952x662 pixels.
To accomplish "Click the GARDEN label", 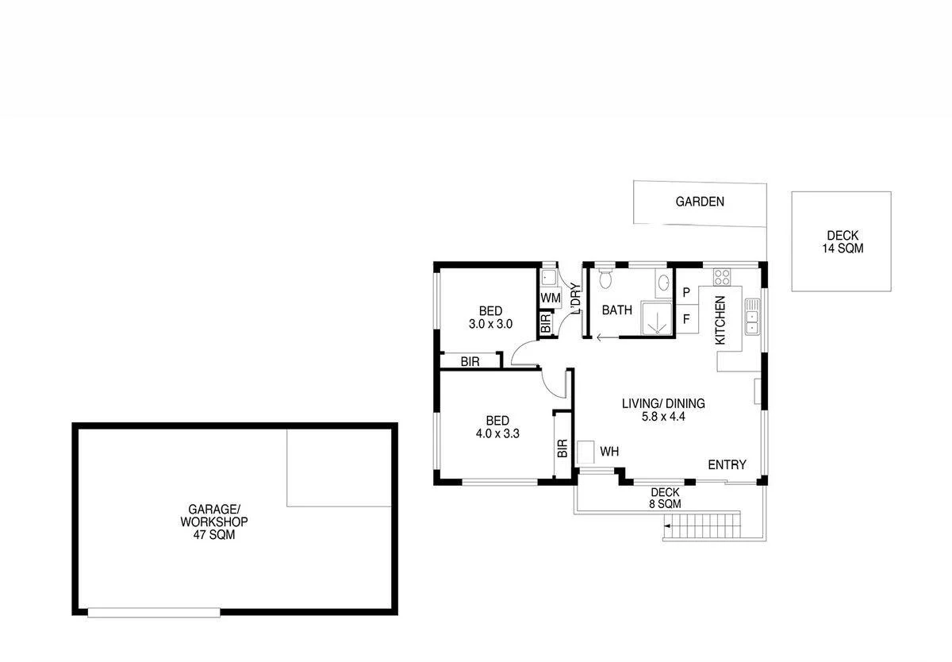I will (700, 202).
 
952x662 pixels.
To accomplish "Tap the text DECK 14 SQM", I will (842, 242).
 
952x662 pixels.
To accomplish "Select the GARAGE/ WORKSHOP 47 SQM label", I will (213, 522).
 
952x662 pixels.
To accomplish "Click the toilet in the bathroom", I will (607, 278).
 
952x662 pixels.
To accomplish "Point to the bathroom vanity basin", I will (662, 281).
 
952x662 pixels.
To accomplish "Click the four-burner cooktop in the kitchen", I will (722, 277).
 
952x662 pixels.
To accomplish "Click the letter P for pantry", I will (685, 293).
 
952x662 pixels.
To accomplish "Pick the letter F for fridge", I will (685, 320).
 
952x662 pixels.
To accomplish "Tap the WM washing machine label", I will (551, 298).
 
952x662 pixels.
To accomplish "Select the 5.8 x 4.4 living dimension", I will (662, 416).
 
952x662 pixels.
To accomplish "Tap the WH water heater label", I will (608, 452).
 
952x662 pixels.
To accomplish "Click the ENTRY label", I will (727, 465).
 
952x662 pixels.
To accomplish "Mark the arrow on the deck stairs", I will (669, 525).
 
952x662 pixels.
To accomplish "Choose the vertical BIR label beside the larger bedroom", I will (562, 449).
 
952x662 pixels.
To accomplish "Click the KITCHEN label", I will (720, 320).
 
